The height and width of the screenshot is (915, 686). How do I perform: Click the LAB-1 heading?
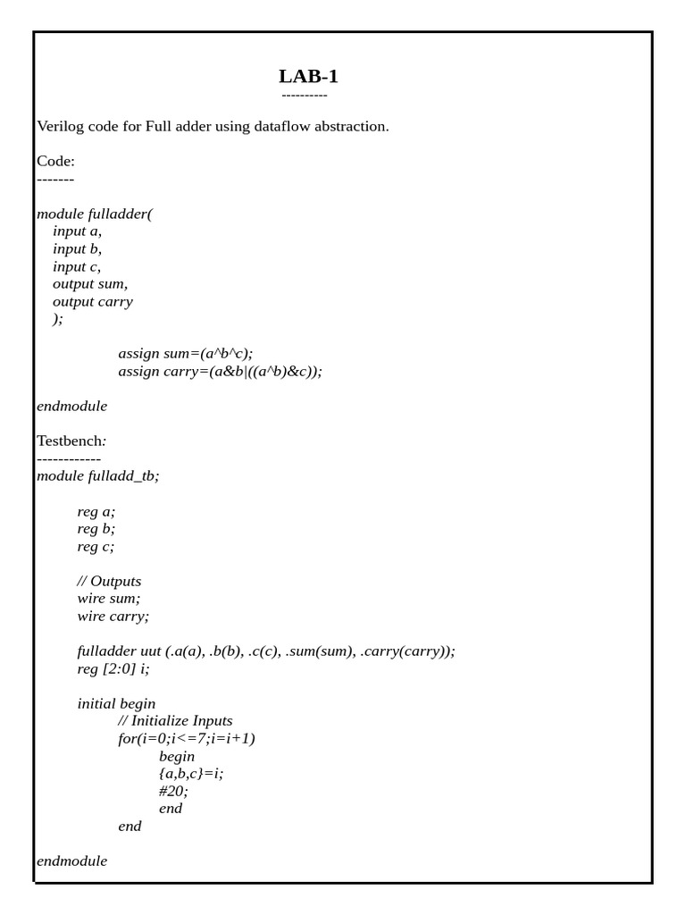click(308, 76)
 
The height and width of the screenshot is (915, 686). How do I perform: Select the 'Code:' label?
click(55, 161)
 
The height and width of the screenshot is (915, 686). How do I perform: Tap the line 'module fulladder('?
click(95, 214)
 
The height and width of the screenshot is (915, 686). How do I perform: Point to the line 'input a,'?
click(78, 231)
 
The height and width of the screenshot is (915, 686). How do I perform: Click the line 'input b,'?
click(78, 248)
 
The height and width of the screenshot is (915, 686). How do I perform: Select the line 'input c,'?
click(77, 266)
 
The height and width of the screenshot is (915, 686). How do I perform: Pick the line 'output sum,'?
click(90, 284)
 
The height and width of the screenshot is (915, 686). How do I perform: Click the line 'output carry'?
click(93, 301)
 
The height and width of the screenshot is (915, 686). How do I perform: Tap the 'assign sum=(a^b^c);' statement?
click(192, 354)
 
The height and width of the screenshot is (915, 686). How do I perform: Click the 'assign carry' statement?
click(220, 371)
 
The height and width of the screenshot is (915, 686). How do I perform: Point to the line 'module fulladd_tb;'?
click(98, 475)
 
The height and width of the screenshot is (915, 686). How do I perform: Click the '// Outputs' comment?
click(109, 581)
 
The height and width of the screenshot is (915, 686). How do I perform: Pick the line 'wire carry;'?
click(113, 616)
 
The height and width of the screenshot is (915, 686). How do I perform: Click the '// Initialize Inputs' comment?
click(175, 720)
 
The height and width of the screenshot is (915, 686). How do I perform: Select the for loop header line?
click(187, 738)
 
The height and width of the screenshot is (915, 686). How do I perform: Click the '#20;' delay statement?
click(173, 791)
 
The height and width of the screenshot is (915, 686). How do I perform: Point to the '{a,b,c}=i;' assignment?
click(190, 773)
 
